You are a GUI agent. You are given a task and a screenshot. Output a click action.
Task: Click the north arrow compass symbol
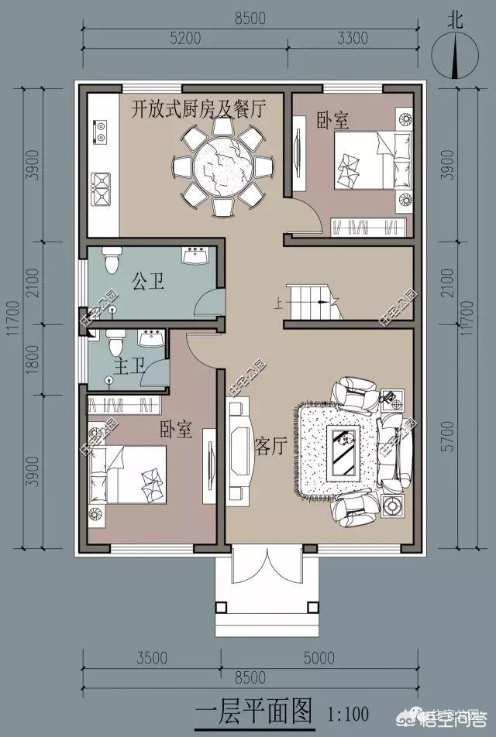click(456, 56)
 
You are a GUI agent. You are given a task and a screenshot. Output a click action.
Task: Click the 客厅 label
click(271, 445)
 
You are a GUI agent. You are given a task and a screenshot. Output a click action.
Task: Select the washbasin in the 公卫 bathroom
click(194, 255)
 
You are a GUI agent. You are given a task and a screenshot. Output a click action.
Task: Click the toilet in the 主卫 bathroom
click(115, 341)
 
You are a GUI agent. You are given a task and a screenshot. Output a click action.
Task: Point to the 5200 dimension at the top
click(185, 37)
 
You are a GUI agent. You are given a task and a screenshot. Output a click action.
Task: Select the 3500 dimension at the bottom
click(151, 659)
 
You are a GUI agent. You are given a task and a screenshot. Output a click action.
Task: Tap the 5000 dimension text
click(320, 659)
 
